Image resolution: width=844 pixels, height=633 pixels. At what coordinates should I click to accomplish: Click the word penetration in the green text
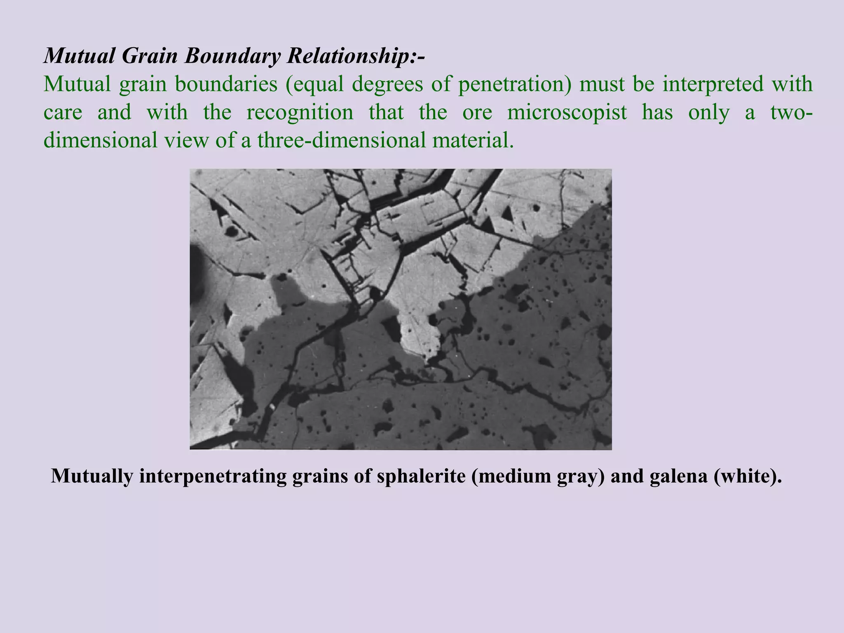[515, 84]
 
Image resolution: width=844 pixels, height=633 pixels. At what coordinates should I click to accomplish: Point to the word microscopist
[567, 112]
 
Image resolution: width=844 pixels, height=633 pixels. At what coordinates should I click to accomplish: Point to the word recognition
[300, 112]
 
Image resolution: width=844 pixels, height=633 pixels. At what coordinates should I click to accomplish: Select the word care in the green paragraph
[63, 112]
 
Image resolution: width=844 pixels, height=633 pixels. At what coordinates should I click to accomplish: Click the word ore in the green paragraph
[477, 112]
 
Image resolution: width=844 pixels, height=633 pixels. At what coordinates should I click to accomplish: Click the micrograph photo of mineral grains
[401, 309]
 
